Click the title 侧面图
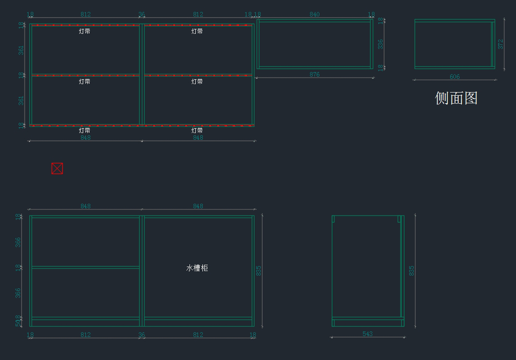456,98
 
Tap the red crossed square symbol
57,169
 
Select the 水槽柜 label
197,268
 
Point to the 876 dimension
315,74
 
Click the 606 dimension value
455,77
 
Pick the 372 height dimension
501,44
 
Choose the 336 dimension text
381,44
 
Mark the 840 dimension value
315,14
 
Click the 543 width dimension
368,334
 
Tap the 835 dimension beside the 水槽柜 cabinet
259,271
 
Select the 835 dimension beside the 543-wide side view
412,271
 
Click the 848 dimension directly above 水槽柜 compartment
198,206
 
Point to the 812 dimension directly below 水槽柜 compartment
198,335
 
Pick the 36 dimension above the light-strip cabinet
141,14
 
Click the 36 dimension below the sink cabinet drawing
141,335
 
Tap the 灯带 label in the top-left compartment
85,31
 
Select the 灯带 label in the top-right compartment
197,31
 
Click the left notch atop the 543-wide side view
333,219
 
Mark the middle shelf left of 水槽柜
86,268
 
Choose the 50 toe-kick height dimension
18,323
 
